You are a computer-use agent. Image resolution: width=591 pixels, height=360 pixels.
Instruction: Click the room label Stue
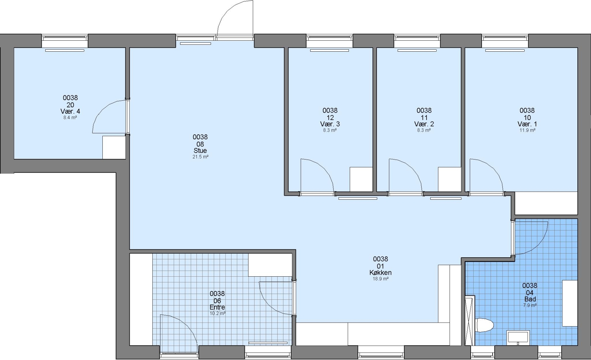(x=200, y=151)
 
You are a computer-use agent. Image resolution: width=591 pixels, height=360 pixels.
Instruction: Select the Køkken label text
(x=381, y=273)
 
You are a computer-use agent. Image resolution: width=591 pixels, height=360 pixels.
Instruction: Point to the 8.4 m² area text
(x=70, y=118)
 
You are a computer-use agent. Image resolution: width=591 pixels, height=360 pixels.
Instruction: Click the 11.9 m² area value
(x=527, y=130)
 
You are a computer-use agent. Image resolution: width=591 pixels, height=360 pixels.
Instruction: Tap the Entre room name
(x=217, y=307)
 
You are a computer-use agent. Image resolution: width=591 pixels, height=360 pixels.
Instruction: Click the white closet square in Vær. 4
(x=114, y=147)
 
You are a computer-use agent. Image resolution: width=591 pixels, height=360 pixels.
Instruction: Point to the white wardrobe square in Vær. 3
(x=361, y=179)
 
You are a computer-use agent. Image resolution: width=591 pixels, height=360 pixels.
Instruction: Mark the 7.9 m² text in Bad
(x=530, y=305)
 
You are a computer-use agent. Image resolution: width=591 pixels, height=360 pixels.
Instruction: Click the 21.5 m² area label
(x=200, y=157)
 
